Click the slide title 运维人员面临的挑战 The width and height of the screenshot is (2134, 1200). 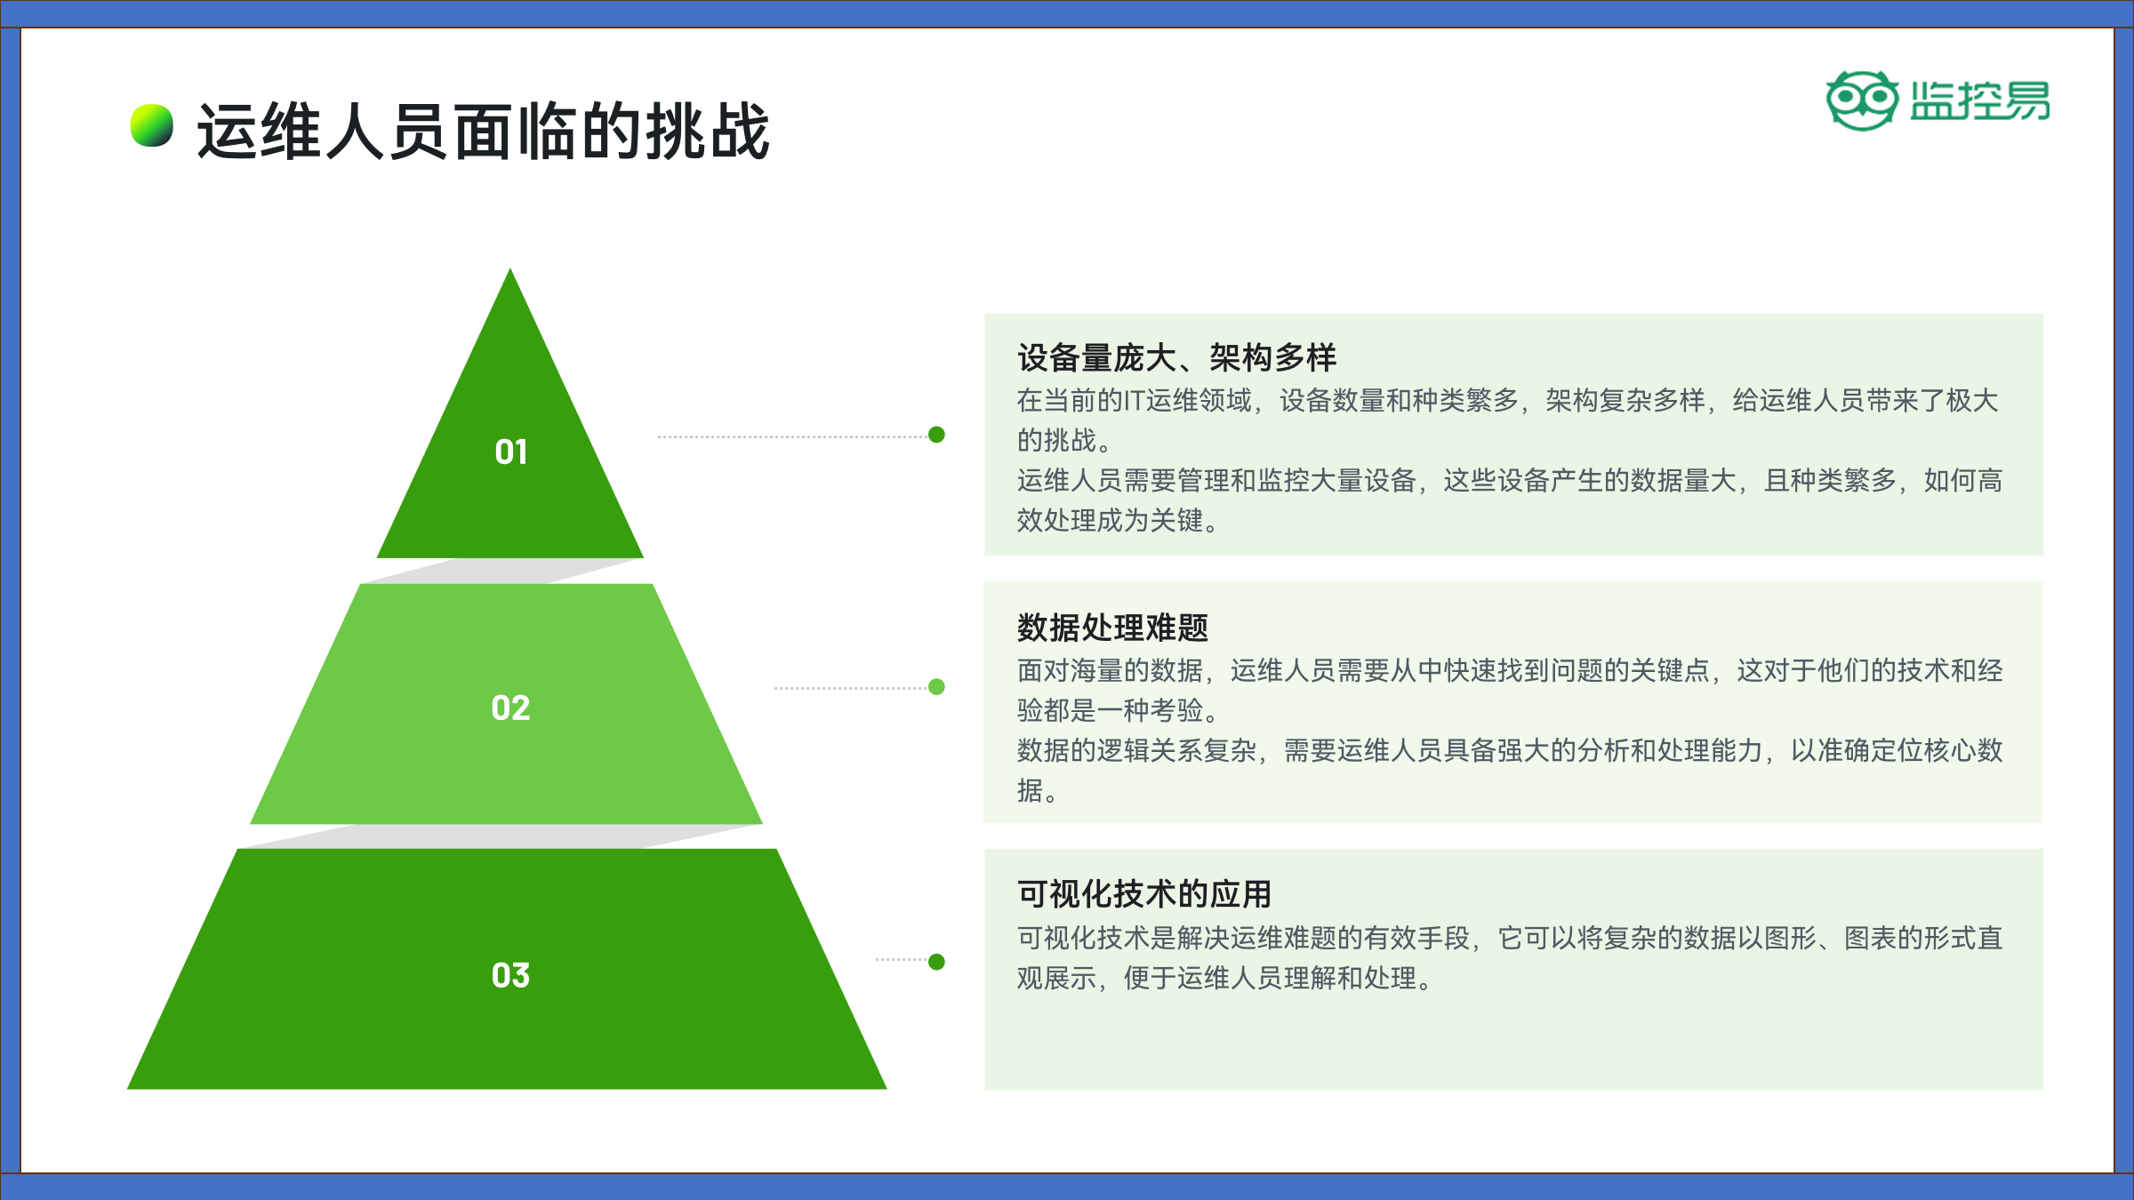coord(483,132)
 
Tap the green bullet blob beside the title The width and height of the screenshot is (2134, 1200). coord(152,125)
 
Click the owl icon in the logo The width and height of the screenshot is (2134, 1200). coord(1862,100)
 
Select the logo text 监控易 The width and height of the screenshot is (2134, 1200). coord(1980,100)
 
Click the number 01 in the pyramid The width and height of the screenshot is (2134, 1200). coord(511,452)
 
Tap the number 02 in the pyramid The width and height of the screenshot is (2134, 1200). coord(510,708)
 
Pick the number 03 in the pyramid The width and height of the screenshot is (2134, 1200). coord(510,975)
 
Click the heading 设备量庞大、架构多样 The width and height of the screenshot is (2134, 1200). coord(1177,357)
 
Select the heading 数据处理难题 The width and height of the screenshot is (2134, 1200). coord(1113,628)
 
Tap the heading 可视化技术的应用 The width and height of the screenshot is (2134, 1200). coord(1145,893)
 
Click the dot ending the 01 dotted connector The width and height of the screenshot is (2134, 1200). coord(936,434)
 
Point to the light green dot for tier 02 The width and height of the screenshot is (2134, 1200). coord(936,686)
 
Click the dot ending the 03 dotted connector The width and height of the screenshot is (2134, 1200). coord(936,962)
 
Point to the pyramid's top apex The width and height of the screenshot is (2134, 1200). coord(509,268)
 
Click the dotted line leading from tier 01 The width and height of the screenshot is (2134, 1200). coord(792,436)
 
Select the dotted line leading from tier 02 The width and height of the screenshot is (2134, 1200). coord(851,688)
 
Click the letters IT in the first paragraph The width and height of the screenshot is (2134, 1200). coord(1135,401)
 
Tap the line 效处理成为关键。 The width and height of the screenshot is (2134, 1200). coord(1119,520)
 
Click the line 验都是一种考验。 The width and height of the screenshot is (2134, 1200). coord(1119,710)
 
